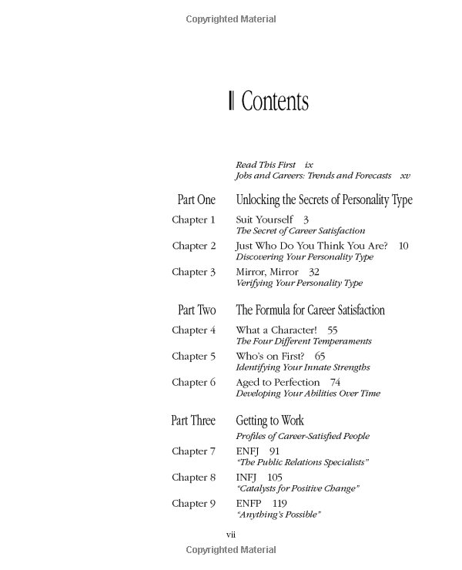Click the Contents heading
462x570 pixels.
click(x=274, y=102)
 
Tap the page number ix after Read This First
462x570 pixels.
click(x=309, y=165)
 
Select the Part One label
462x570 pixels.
click(x=196, y=200)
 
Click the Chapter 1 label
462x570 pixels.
click(x=193, y=220)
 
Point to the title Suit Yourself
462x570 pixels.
click(x=265, y=220)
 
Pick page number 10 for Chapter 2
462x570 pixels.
click(x=403, y=246)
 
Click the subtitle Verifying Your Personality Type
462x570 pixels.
click(x=299, y=283)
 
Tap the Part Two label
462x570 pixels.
click(x=196, y=310)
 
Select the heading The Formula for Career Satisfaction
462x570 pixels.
click(x=310, y=310)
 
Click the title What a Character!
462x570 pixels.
click(x=276, y=330)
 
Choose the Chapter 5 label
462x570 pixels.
click(x=193, y=356)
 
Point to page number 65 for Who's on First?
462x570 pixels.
click(x=320, y=356)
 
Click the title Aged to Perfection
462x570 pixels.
click(x=277, y=382)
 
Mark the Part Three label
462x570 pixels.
click(x=193, y=421)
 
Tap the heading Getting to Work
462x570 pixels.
click(x=269, y=421)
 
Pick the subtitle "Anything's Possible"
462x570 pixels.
click(x=278, y=515)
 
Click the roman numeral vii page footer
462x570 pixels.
click(x=230, y=534)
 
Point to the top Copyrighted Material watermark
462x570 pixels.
click(x=231, y=18)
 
